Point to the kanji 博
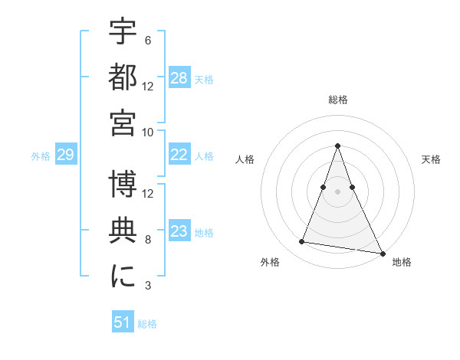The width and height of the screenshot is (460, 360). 123,184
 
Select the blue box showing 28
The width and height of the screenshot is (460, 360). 179,78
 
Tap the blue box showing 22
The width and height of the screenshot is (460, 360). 179,155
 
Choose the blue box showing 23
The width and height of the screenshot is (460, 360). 179,231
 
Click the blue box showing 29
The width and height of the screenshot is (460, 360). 65,155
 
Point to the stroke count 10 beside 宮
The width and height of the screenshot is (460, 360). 148,132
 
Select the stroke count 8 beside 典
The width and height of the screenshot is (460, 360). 147,240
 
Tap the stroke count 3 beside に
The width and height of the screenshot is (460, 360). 147,286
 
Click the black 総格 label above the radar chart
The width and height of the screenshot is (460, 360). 338,100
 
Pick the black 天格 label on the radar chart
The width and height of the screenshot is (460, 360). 431,159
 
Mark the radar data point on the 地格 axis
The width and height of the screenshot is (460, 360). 382,251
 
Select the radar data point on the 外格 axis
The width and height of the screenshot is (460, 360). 302,242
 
